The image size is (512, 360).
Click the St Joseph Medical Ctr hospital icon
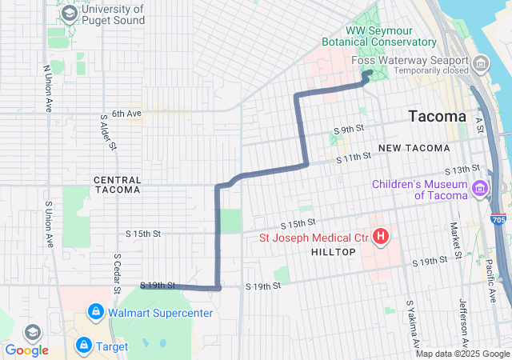[x=382, y=237]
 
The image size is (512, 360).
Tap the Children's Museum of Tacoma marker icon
[x=480, y=190]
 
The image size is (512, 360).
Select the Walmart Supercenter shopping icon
[x=95, y=311]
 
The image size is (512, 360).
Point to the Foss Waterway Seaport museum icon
[x=481, y=62]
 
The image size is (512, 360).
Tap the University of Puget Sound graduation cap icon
[x=70, y=14]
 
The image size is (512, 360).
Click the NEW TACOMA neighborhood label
[x=414, y=148]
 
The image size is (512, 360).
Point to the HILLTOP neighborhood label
[x=326, y=252]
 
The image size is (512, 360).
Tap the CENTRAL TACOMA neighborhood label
[x=118, y=185]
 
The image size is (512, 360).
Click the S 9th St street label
[x=349, y=129]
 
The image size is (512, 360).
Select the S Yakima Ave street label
[x=411, y=325]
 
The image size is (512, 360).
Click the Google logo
[x=26, y=350]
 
